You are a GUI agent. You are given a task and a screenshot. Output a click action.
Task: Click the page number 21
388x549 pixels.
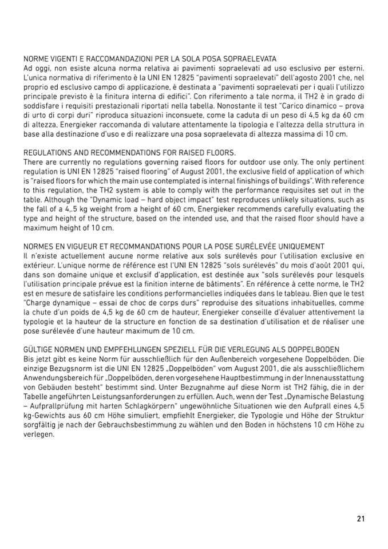[361, 519]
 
